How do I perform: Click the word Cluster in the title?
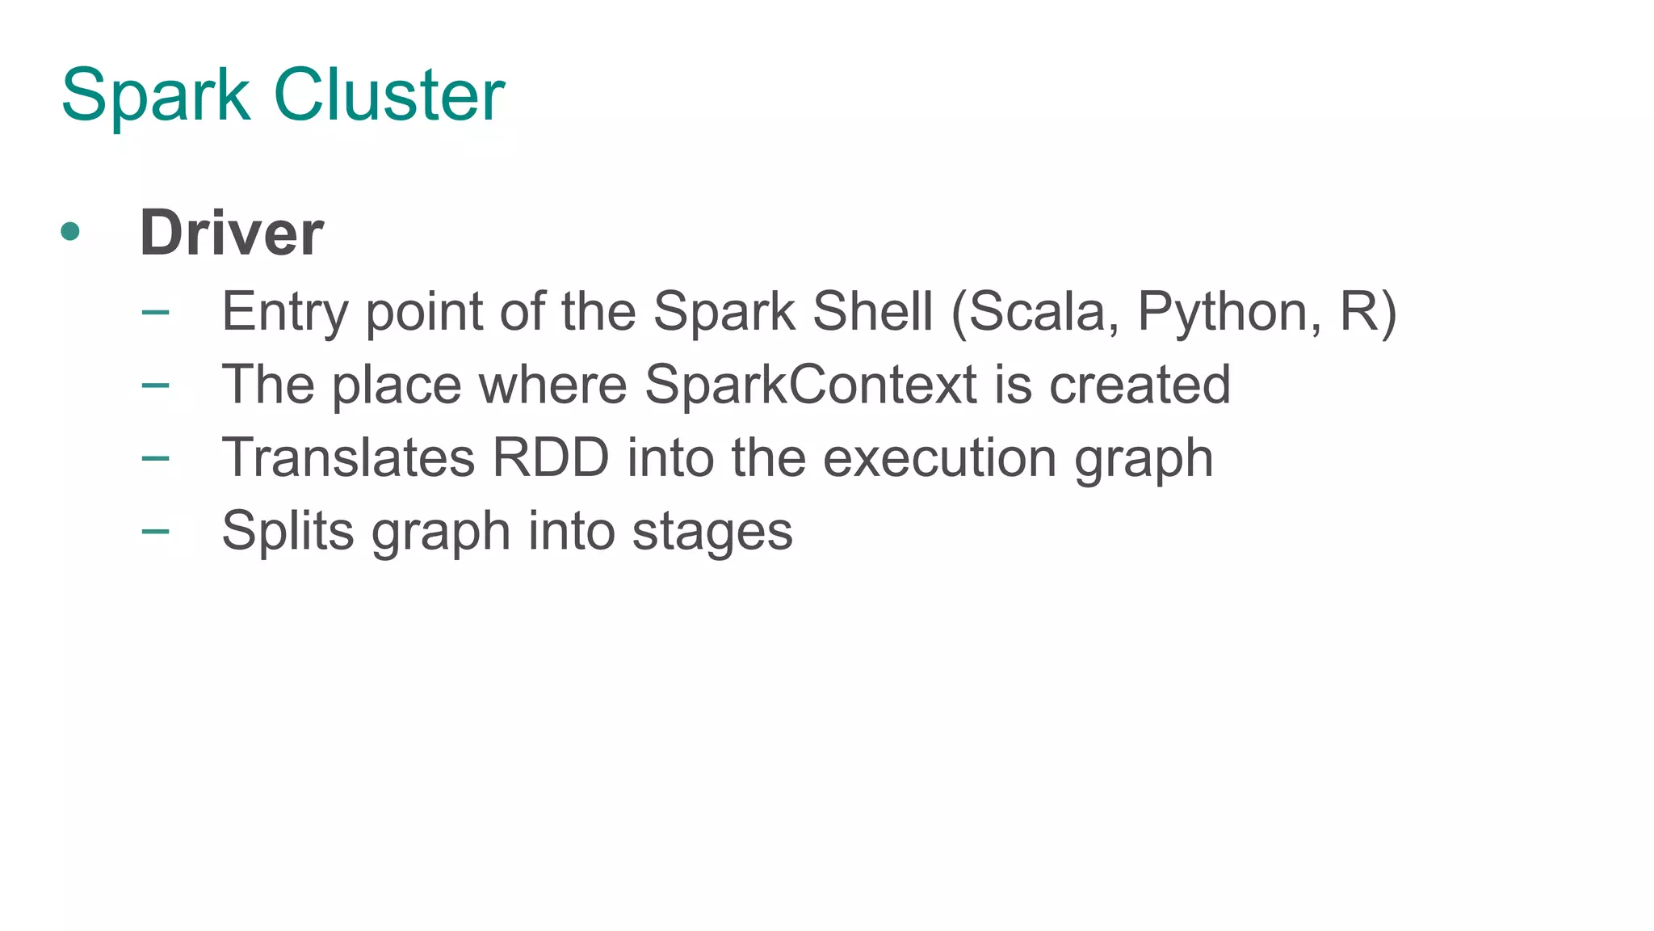click(x=389, y=95)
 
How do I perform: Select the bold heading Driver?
click(x=232, y=234)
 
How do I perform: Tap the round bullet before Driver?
click(x=70, y=232)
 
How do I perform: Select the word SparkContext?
click(x=811, y=384)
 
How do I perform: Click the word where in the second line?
click(x=553, y=384)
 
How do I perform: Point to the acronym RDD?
click(x=550, y=457)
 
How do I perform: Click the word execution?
click(x=939, y=457)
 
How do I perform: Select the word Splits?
click(x=288, y=532)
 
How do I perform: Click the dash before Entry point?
click(x=155, y=312)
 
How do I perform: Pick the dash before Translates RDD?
click(x=155, y=458)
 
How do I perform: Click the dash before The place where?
click(x=155, y=385)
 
